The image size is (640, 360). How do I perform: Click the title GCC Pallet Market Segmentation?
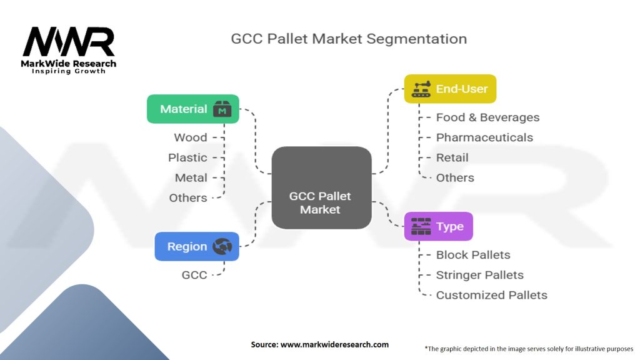click(349, 39)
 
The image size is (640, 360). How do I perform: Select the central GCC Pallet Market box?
click(321, 187)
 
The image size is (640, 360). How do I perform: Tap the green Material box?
click(192, 109)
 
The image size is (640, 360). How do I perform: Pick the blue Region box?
click(196, 247)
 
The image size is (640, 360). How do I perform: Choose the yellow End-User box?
click(450, 89)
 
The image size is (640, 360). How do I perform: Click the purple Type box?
click(438, 226)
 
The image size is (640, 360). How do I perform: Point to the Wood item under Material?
click(191, 137)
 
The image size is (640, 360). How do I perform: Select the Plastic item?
click(187, 157)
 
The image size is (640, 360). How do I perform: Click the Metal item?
click(191, 177)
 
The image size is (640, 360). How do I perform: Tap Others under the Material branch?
click(187, 197)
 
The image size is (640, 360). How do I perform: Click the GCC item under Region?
click(194, 274)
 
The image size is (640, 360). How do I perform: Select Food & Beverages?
click(487, 117)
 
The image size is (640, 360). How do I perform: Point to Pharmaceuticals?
click(484, 137)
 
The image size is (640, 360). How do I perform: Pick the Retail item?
click(452, 157)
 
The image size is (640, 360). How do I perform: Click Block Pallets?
click(472, 255)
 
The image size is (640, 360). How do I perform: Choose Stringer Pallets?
click(479, 275)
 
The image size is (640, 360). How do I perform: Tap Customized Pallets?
click(491, 295)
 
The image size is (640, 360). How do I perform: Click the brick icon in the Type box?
click(421, 226)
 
